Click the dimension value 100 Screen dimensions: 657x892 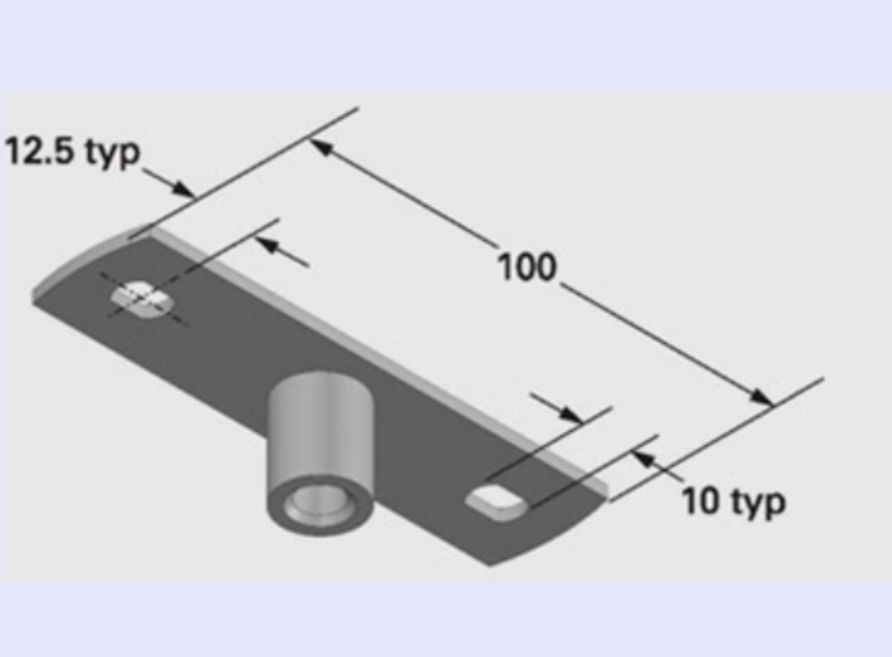point(526,268)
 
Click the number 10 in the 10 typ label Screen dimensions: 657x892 point(700,500)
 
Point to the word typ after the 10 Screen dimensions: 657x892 point(758,502)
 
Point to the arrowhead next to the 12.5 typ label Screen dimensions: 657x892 point(183,188)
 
